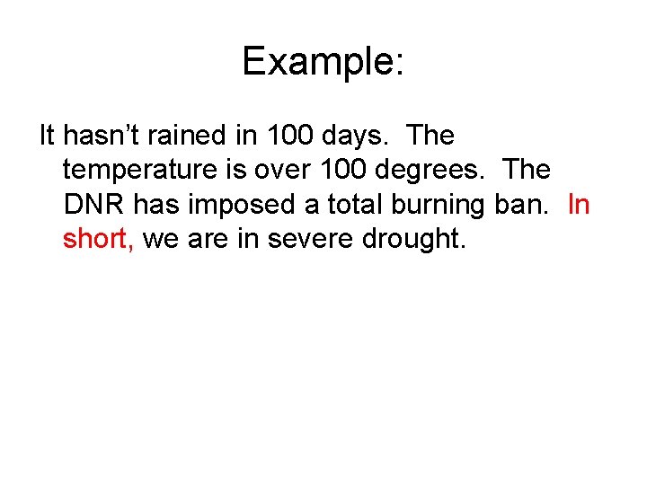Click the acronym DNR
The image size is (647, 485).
[x=95, y=205]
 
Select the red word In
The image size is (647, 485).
[x=579, y=205]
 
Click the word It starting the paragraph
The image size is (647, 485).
[x=47, y=136]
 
